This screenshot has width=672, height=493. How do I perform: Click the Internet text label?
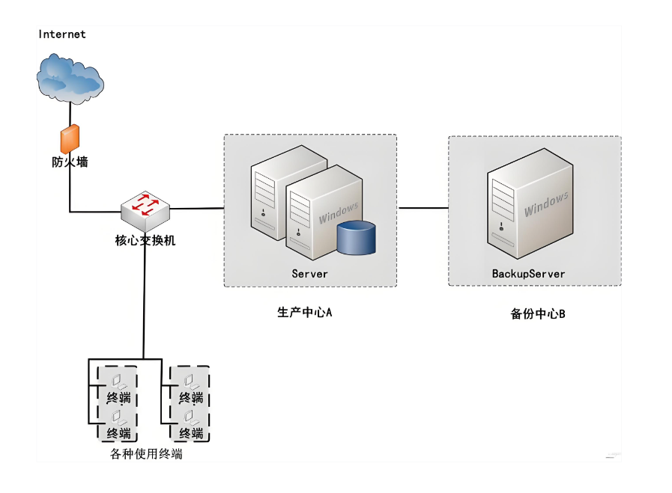point(62,34)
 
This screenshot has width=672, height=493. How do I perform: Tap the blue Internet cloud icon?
point(70,79)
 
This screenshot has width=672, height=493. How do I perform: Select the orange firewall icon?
point(70,138)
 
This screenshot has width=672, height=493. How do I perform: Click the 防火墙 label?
point(70,162)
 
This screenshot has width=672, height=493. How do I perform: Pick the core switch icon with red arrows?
point(145,210)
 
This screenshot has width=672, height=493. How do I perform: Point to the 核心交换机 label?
point(145,240)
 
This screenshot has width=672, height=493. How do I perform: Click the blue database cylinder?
point(356,237)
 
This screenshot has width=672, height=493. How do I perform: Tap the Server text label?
point(310,274)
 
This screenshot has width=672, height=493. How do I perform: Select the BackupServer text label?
point(528,274)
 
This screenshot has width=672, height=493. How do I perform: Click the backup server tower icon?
point(530,203)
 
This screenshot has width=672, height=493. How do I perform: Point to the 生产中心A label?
point(305,313)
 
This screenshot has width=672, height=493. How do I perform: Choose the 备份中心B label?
point(538,314)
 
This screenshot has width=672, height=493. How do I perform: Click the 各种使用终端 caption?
point(146,454)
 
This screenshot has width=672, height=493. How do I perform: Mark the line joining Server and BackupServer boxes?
point(423,208)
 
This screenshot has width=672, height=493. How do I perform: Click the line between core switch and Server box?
point(197,209)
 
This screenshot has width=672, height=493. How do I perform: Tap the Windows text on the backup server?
point(546,204)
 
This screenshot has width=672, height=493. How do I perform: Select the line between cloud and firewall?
point(70,114)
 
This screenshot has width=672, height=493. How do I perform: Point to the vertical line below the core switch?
point(145,296)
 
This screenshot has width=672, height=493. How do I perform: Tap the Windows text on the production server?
point(339,212)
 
